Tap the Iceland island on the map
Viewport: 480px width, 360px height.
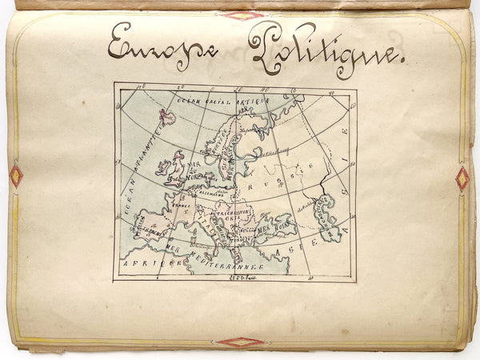(166, 118)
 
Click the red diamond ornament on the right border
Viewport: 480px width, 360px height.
(462, 178)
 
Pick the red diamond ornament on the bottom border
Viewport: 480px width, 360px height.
(241, 342)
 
